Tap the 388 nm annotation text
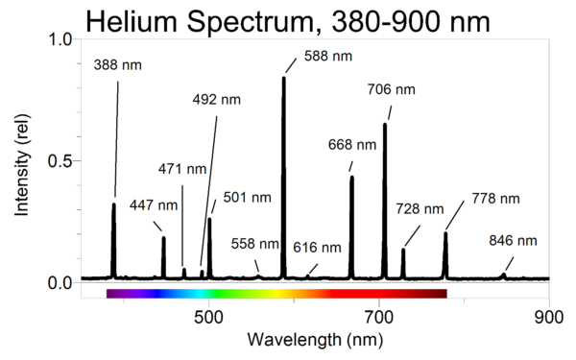coord(119,65)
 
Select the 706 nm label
coord(392,90)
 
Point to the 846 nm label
coord(514,240)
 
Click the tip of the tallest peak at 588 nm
coord(283,78)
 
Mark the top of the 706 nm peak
coord(385,125)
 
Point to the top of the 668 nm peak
coord(351,177)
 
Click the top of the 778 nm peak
coord(445,232)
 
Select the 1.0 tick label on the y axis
coord(59,39)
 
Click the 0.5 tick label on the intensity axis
coord(59,160)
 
